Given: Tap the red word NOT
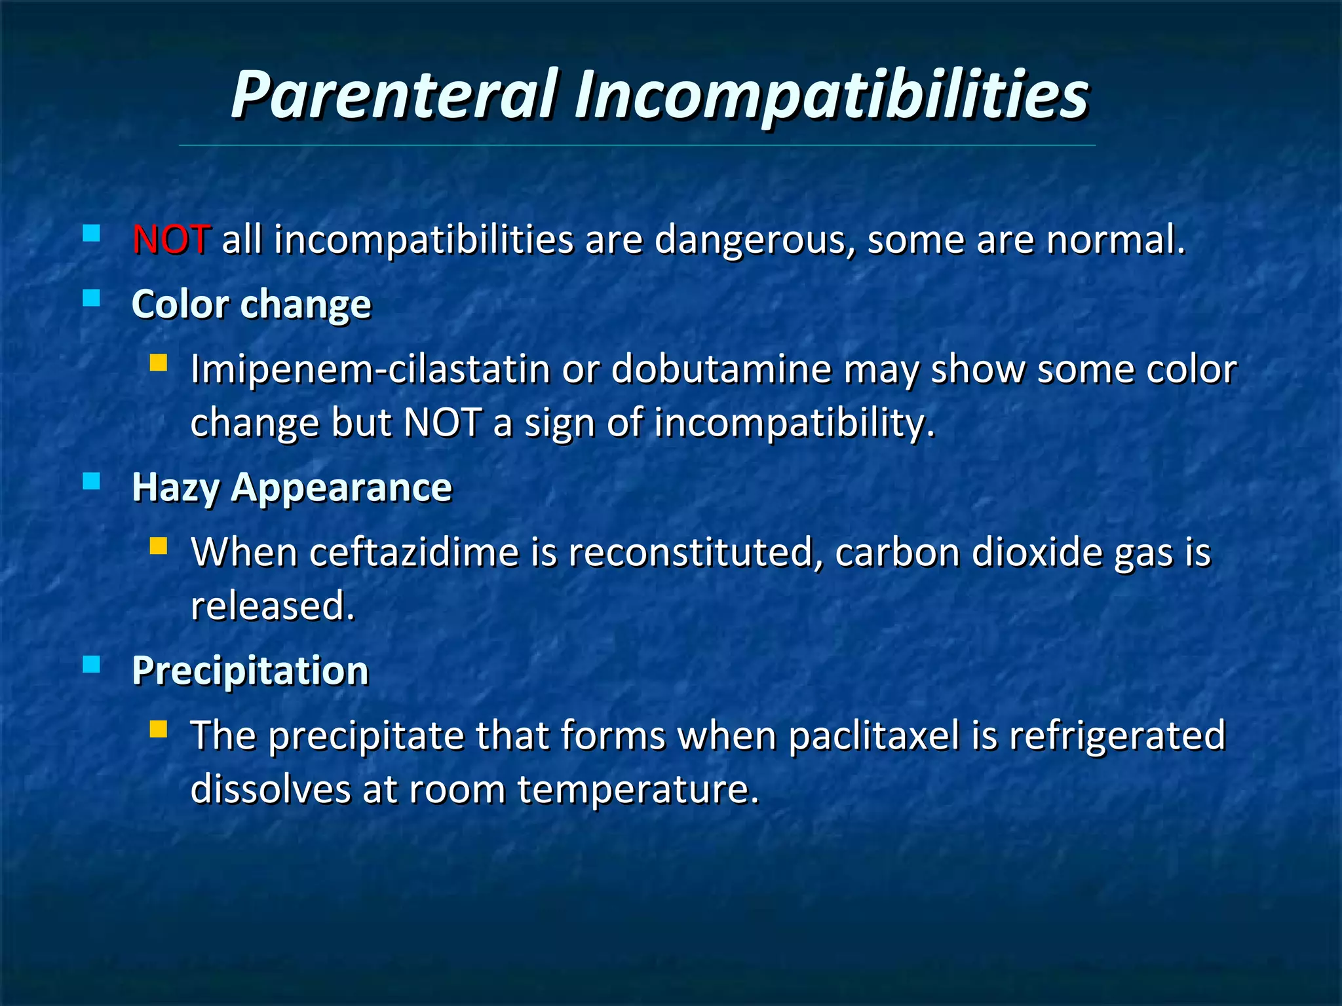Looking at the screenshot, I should (171, 240).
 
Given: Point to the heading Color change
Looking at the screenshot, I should (251, 305).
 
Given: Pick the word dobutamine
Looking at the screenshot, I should (721, 369).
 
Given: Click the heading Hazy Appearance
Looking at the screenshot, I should (292, 488).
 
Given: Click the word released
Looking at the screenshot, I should (272, 606).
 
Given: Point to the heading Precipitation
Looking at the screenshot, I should (250, 671).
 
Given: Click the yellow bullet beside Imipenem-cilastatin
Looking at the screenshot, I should (158, 363).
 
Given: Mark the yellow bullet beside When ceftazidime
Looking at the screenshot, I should (158, 546).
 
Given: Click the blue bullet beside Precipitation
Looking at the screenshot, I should (92, 665).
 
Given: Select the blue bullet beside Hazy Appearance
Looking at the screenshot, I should (92, 481).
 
